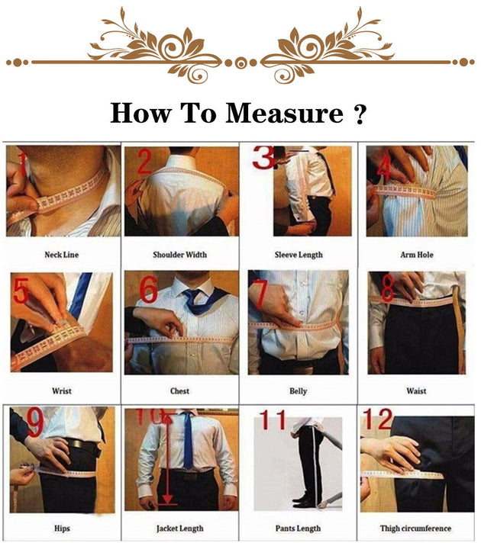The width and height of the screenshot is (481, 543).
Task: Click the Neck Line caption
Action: coord(62,255)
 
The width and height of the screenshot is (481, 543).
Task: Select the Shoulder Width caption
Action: coord(180,255)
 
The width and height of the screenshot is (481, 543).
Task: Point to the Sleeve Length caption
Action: coord(299,255)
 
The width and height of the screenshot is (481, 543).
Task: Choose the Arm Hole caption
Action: coord(417,255)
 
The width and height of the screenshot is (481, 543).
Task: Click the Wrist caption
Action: coord(62,391)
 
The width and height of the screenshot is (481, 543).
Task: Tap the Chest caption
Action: coord(180,391)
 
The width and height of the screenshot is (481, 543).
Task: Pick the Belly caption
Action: coord(299,391)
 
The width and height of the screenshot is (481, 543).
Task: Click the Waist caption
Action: coord(417,391)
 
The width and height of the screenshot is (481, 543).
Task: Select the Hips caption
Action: coord(62,528)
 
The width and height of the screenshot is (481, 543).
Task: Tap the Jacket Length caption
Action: coord(180,528)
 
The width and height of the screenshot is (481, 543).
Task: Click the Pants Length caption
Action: coord(299,528)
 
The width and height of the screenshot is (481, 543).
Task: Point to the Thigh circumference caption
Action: coord(416,528)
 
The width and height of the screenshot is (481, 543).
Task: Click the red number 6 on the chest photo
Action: coord(148,291)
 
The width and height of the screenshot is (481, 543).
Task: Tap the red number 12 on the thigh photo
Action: coord(379,419)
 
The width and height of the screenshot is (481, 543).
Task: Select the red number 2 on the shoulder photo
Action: coord(145,162)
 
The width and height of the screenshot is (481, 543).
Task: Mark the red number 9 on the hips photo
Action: coord(34,419)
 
